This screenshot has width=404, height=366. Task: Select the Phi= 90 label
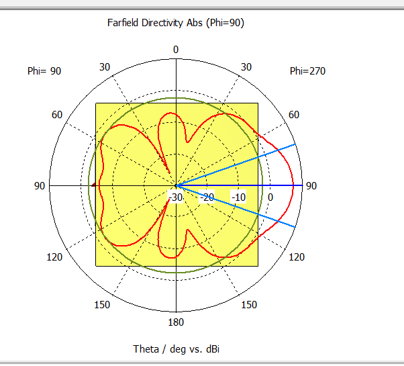(x=44, y=71)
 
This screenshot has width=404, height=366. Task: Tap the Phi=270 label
(x=307, y=71)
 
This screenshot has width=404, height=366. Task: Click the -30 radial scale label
(x=176, y=197)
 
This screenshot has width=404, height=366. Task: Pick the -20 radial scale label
(x=207, y=197)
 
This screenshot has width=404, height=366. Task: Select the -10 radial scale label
(x=239, y=197)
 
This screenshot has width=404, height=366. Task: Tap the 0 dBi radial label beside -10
(x=270, y=197)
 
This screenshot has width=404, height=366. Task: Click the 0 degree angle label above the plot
(x=176, y=50)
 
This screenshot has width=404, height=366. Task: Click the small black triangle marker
(x=93, y=185)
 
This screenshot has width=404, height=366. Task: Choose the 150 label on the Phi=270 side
(x=249, y=305)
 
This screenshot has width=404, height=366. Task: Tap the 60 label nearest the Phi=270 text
(x=294, y=115)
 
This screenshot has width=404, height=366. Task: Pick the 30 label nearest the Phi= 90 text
(x=105, y=66)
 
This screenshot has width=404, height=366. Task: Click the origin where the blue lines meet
(x=176, y=185)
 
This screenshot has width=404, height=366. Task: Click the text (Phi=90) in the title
(x=224, y=23)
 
